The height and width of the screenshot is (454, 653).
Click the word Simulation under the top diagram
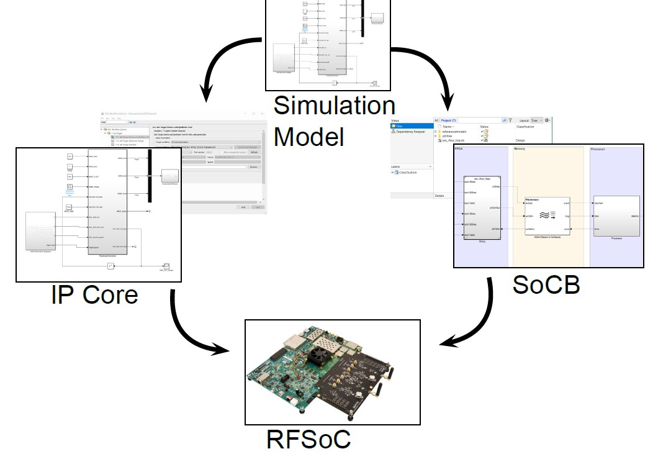pos(334,105)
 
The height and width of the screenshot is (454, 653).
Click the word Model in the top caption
pos(308,136)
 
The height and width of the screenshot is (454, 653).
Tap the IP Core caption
pos(94,294)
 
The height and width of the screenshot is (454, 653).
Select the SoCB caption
pos(546,284)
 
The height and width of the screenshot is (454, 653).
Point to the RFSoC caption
pos(308,439)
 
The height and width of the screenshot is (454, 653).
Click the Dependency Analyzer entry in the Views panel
pos(412,132)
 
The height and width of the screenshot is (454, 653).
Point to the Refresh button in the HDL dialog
pos(253,153)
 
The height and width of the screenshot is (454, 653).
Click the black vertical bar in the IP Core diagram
pos(148,176)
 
